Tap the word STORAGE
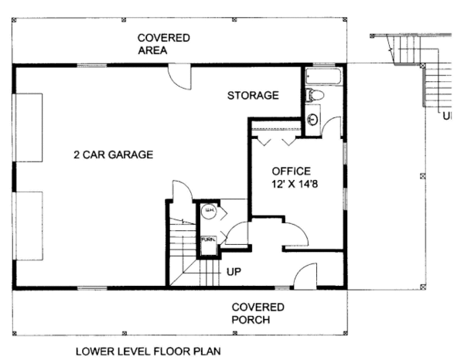pos(252,96)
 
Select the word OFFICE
pos(291,171)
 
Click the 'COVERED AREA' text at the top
pos(163,44)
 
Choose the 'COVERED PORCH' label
pos(258,313)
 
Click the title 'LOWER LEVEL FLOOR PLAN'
pos(148,351)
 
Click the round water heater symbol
pos(207,211)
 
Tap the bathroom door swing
pos(333,127)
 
